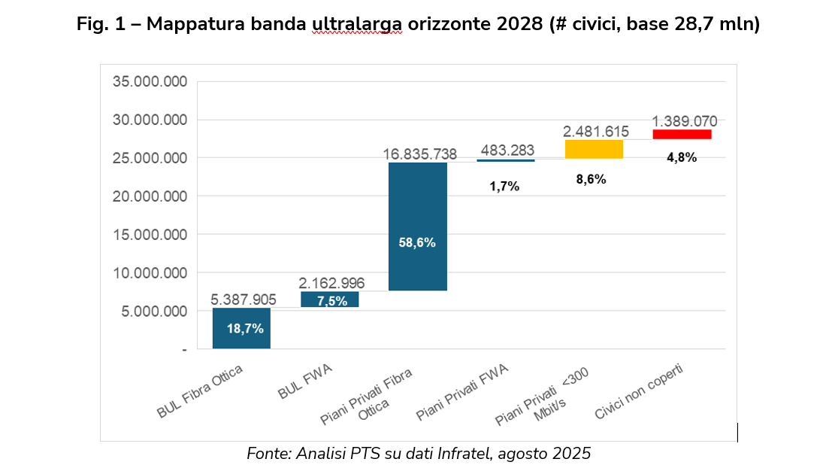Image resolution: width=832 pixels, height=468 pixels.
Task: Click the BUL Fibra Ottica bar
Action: coord(241,328)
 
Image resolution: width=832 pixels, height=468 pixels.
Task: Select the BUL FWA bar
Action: coord(329,299)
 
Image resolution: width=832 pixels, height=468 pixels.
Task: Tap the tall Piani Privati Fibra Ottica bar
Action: coord(417,226)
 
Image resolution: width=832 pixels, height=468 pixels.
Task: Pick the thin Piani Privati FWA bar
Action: coord(505,160)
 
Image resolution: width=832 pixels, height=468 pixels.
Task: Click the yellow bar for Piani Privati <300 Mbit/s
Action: coord(594,149)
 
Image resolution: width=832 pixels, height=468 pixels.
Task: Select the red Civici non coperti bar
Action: coord(682,134)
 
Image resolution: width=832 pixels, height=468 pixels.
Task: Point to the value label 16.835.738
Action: coord(420,154)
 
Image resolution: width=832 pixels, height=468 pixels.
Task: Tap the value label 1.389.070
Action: coord(684,121)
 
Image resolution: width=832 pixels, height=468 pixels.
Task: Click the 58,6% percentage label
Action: coord(417,242)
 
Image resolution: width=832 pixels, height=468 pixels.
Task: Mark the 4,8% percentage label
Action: coord(682,157)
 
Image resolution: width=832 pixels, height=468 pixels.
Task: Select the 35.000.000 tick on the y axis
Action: coord(150,82)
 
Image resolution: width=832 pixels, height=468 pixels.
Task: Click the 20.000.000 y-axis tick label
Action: coord(150,196)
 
